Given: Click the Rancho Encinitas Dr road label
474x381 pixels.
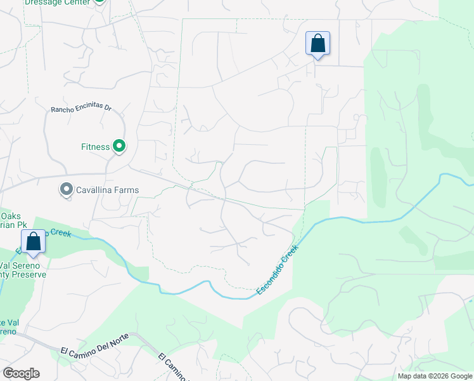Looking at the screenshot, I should [x=80, y=109].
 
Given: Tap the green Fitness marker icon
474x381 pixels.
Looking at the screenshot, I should [x=119, y=147].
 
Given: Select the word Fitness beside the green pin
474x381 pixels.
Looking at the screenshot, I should [x=96, y=147].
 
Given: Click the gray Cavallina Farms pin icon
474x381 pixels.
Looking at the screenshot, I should [x=66, y=189].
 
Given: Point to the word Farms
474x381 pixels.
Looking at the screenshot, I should [x=125, y=189].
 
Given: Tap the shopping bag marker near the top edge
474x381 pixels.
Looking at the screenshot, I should [x=317, y=44].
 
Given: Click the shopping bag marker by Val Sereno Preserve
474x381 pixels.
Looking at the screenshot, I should [x=33, y=241].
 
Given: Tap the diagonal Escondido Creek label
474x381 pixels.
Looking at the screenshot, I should [x=277, y=271].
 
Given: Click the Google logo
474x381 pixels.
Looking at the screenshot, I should [x=21, y=373].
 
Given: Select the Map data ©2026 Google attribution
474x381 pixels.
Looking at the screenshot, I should [x=434, y=376].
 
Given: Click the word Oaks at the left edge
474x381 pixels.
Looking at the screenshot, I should [x=11, y=215].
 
